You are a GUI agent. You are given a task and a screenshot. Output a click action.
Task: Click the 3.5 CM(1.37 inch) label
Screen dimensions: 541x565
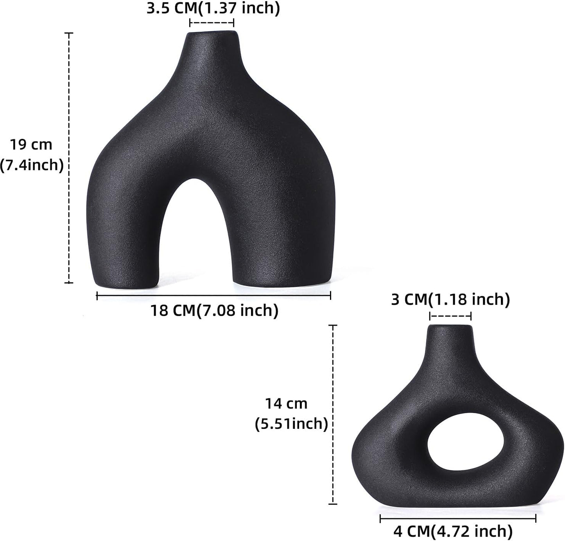pos(213,9)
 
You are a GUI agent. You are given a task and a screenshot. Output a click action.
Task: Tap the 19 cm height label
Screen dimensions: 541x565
pos(31,145)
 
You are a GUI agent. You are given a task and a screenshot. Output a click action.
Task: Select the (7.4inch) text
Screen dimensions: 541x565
pos(32,165)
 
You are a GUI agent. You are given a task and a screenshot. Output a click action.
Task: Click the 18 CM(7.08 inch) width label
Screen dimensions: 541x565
pos(214,311)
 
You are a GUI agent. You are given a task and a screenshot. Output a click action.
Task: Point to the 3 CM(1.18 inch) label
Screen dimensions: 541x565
pos(450,299)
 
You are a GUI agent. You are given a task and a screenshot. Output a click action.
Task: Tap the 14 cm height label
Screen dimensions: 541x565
pos(286,403)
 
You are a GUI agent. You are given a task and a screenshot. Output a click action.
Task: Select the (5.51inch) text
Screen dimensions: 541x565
pos(291,423)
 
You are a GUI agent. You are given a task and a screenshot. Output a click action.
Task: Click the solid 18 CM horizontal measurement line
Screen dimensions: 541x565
pos(213,296)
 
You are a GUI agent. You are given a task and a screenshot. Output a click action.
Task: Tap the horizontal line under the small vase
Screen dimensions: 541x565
pos(457,518)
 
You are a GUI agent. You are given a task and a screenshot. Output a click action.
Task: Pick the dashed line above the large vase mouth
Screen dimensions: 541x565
pos(212,23)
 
